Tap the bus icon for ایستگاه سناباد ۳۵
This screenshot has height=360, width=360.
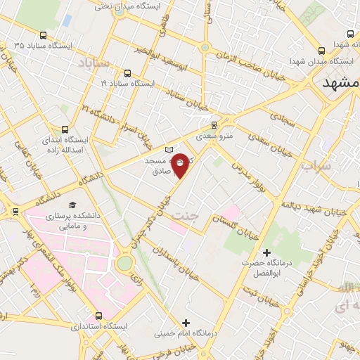pos(44,35)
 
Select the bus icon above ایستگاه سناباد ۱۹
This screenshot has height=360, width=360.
pos(127,72)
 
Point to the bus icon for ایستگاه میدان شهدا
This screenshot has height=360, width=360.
pos(321,51)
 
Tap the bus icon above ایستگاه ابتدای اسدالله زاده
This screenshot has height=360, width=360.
pos(65,129)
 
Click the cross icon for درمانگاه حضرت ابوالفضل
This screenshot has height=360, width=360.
pos(266,252)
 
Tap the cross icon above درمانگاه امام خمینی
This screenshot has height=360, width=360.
pos(185,322)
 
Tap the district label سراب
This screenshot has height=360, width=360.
pos(314,167)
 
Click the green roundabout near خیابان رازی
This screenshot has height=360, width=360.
pos(124,263)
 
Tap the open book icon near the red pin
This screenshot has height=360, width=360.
pos(168,150)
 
